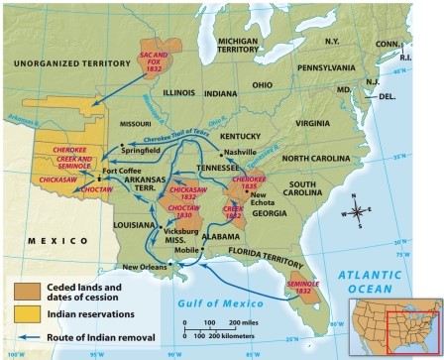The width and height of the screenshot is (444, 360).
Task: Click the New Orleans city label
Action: point(145,266)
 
